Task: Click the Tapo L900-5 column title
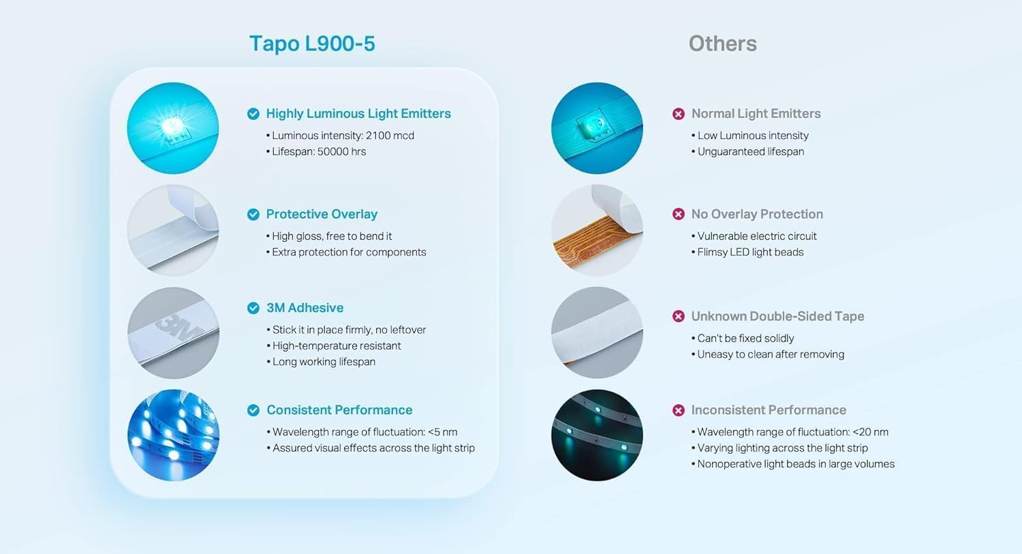click(x=312, y=44)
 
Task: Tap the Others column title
click(x=722, y=44)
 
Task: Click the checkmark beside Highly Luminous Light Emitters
click(x=253, y=114)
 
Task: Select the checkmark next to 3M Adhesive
click(x=253, y=308)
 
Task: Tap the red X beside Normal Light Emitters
click(x=679, y=114)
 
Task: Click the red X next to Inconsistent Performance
click(x=679, y=410)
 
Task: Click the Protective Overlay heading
click(x=322, y=214)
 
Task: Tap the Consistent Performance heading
click(x=339, y=410)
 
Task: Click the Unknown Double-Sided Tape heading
click(x=777, y=316)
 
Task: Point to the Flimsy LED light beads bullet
click(x=750, y=252)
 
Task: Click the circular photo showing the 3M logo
click(x=173, y=333)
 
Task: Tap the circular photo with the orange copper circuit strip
click(x=597, y=230)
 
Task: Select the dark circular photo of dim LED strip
click(x=597, y=435)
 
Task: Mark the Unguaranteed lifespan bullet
click(x=750, y=151)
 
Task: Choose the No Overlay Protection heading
click(x=757, y=214)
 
